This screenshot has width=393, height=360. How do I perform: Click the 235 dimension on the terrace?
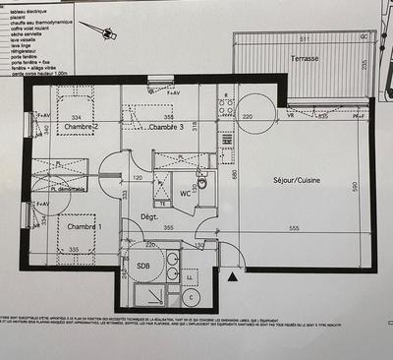(x=364, y=66)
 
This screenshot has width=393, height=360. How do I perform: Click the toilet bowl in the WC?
(x=202, y=182)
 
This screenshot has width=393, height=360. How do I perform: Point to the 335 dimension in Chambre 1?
(x=73, y=250)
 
